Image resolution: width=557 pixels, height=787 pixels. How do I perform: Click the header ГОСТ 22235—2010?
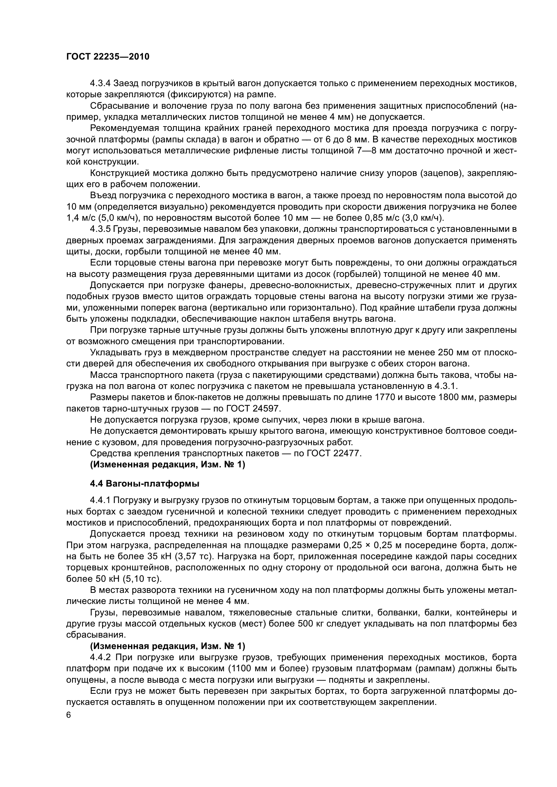pos(108,57)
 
